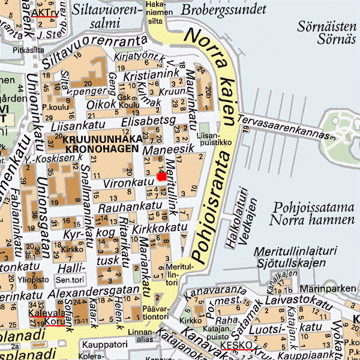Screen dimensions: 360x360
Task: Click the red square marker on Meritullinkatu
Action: [x=161, y=176]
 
